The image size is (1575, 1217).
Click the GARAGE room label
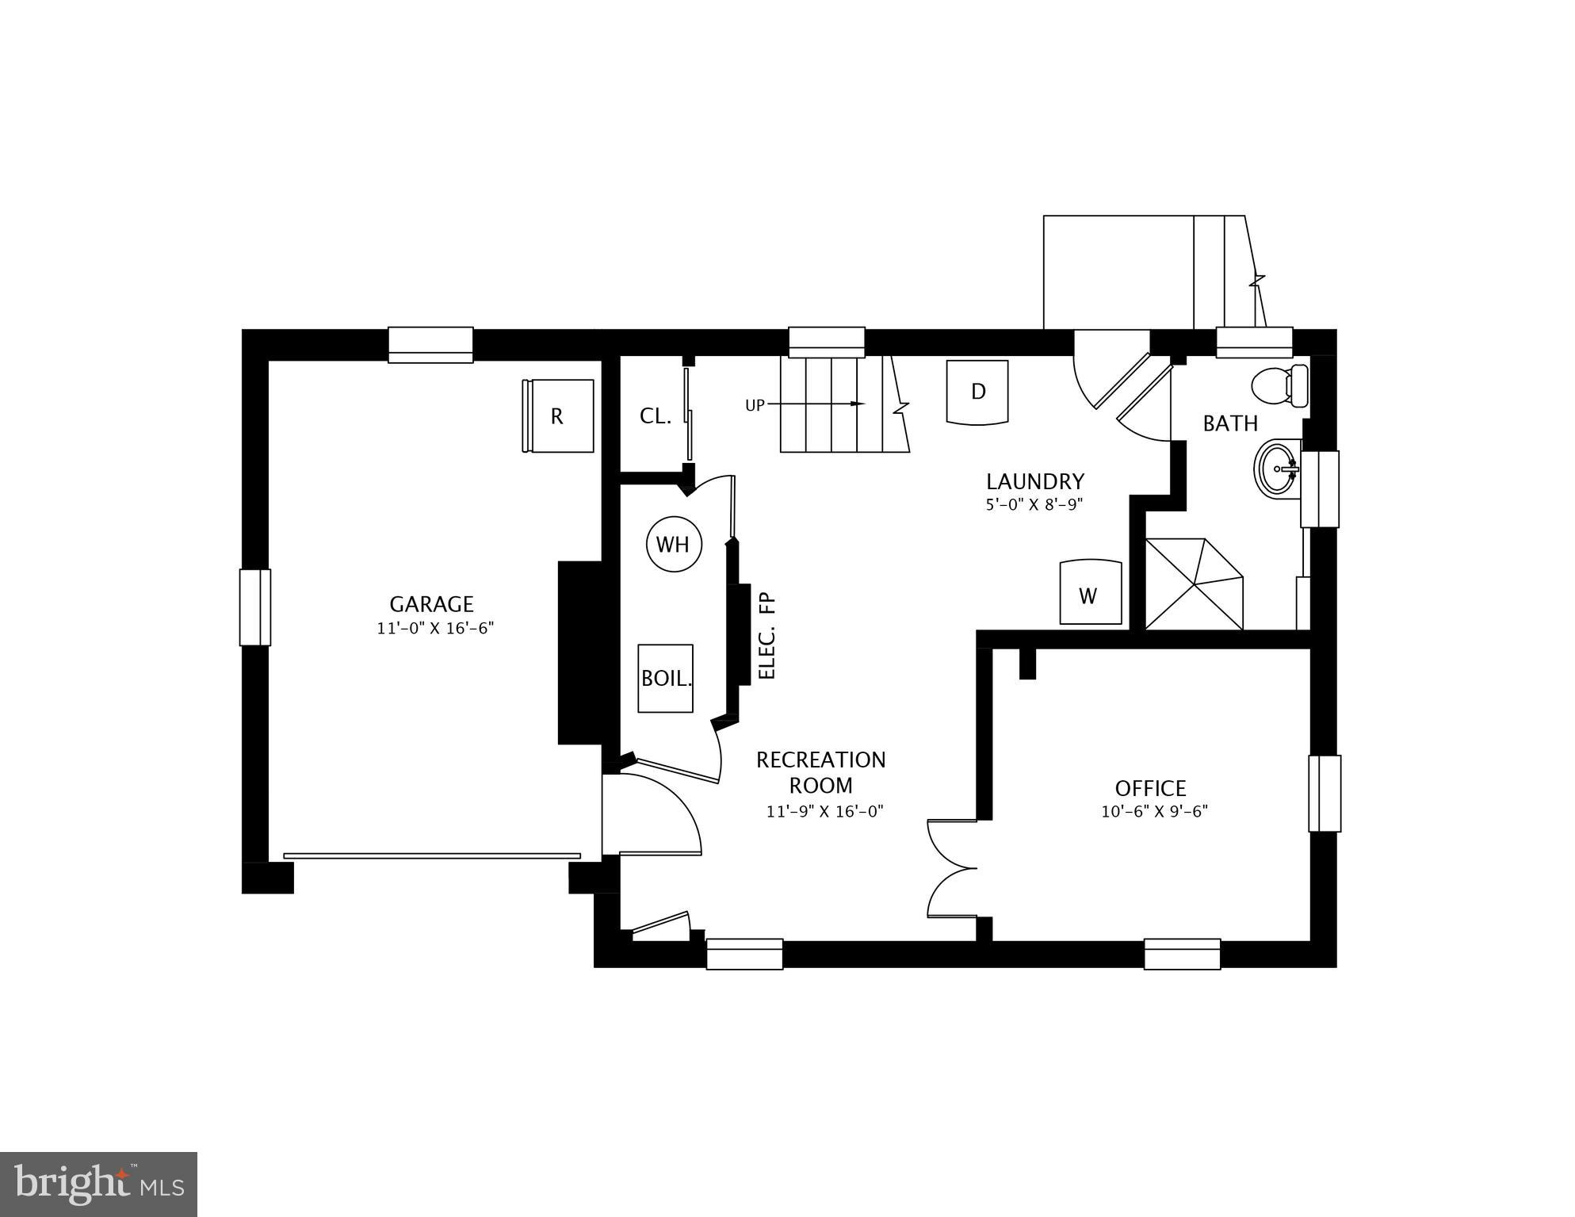pos(431,604)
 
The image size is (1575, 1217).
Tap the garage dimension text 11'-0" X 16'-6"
pos(435,629)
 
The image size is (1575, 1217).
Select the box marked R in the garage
pos(559,416)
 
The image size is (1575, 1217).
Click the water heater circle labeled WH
pos(674,545)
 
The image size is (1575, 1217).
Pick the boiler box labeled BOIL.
pos(666,679)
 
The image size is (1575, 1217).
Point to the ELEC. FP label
pos(766,637)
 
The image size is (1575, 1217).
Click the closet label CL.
pos(656,416)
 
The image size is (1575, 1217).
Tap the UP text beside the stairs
pos(755,405)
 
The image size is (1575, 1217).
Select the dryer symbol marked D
pos(978,392)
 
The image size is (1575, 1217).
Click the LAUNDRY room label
pos(1034,481)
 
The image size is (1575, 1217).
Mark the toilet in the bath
pos(1279,386)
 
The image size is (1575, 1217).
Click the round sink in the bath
pos(1275,469)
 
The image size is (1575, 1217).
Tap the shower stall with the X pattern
pos(1194,584)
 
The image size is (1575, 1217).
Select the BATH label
pos(1230,423)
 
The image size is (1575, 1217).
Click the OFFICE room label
pos(1150,788)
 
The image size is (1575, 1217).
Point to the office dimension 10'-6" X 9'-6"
pos(1154,812)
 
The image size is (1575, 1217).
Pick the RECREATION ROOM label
pos(820,772)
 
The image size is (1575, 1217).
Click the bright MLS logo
pos(98,1184)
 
